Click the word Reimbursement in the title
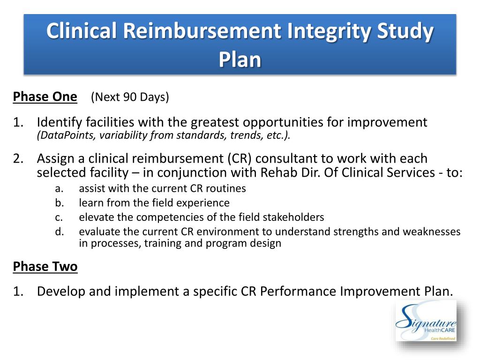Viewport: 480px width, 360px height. pos(202,31)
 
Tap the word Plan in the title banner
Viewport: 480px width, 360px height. pos(240,60)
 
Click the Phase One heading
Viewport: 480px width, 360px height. pos(45,97)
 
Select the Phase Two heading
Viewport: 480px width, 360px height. pos(45,266)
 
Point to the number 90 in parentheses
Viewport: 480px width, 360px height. pos(130,97)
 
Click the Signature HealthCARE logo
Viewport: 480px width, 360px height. pos(426,321)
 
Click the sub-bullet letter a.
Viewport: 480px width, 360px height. pos(59,188)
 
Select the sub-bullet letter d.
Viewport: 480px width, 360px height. pos(60,232)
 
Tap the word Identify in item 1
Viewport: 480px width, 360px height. pos(60,122)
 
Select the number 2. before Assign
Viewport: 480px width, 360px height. pos(18,158)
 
